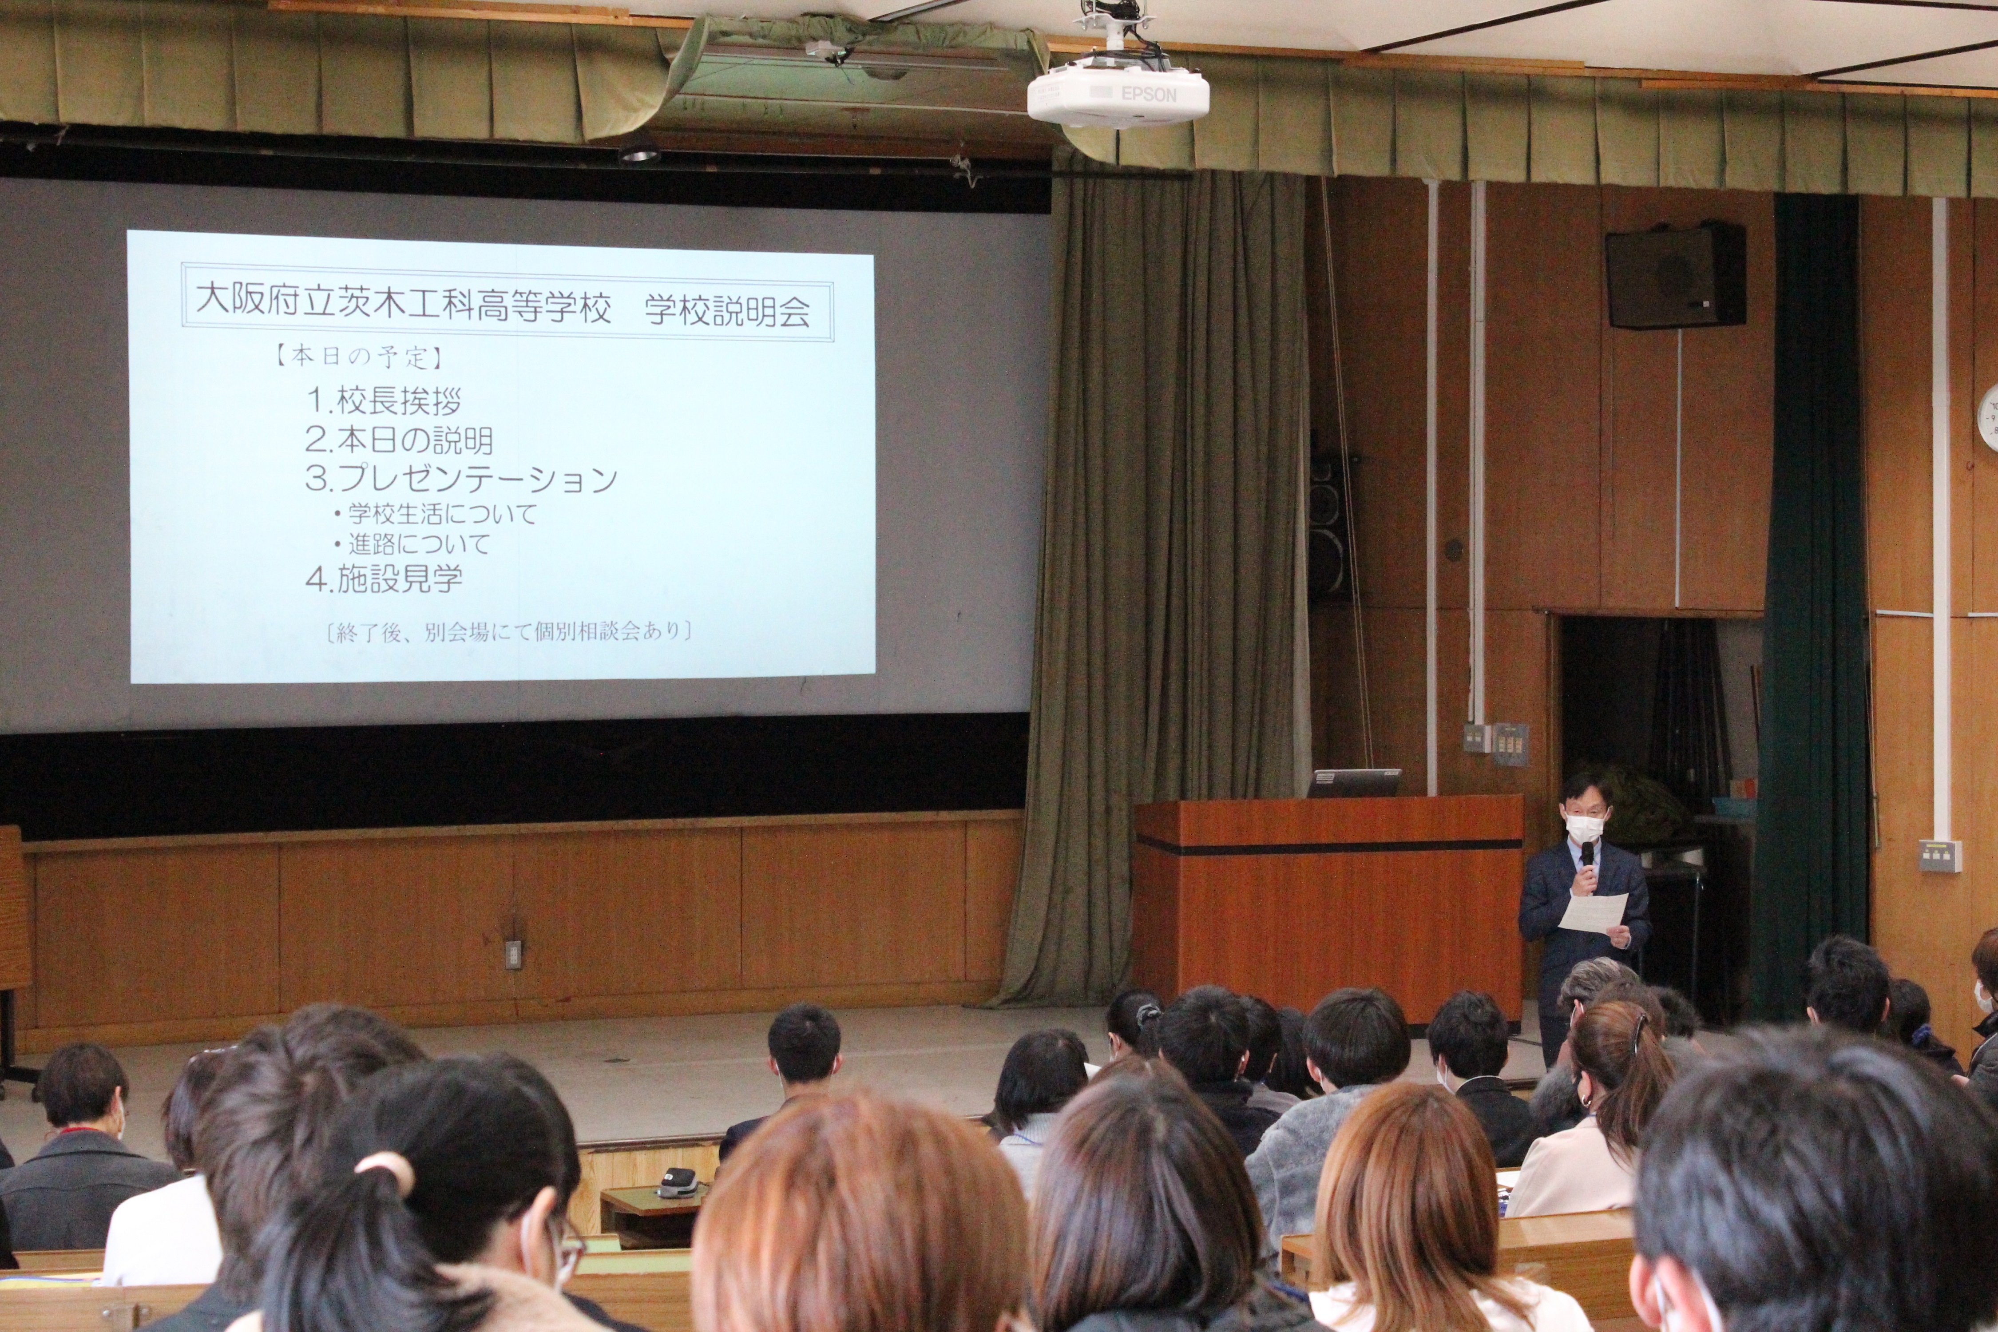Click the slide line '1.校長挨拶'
[384, 400]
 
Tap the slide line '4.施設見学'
[384, 579]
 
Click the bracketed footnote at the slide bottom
[508, 632]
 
